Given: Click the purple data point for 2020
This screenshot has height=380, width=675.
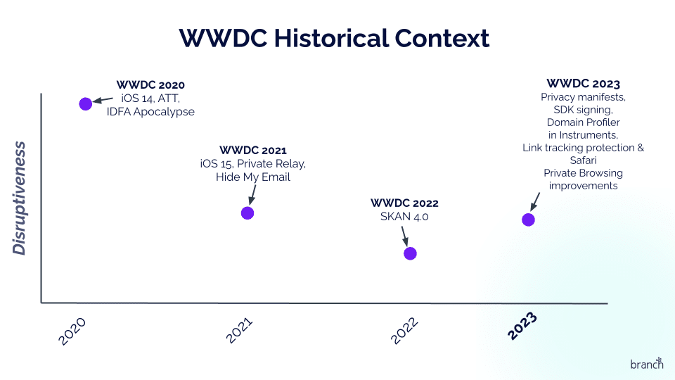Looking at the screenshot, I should pyautogui.click(x=86, y=103).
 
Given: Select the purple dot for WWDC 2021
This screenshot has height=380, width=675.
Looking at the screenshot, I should pyautogui.click(x=247, y=213).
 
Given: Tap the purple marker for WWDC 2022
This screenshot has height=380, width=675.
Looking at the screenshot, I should pyautogui.click(x=410, y=253).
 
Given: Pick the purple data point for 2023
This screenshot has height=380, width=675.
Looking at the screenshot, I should pyautogui.click(x=528, y=220).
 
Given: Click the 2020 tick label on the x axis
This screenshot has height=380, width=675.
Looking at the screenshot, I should pyautogui.click(x=72, y=331).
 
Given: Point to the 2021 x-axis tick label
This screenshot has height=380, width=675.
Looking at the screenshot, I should pyautogui.click(x=240, y=330).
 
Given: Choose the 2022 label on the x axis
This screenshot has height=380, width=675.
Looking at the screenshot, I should pyautogui.click(x=405, y=330).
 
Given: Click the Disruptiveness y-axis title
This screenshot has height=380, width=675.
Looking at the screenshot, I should pyautogui.click(x=20, y=198).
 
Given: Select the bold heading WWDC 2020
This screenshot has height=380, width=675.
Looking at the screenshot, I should pyautogui.click(x=150, y=85).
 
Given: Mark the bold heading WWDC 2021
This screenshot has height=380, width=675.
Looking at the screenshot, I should pyautogui.click(x=253, y=150).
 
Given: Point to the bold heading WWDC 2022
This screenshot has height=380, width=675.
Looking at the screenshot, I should pyautogui.click(x=404, y=203).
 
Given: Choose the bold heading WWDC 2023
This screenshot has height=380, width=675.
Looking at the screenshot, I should pyautogui.click(x=583, y=83).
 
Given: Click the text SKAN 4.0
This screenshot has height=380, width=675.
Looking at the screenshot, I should pyautogui.click(x=404, y=217).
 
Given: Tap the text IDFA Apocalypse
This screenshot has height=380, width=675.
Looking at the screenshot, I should pyautogui.click(x=150, y=112).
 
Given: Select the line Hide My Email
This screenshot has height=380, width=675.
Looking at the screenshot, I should pyautogui.click(x=253, y=177).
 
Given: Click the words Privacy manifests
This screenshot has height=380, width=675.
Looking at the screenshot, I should pyautogui.click(x=583, y=97).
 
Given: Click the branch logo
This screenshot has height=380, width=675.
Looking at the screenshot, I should pyautogui.click(x=646, y=363).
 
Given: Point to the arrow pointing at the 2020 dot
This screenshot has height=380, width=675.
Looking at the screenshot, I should pyautogui.click(x=103, y=100).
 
